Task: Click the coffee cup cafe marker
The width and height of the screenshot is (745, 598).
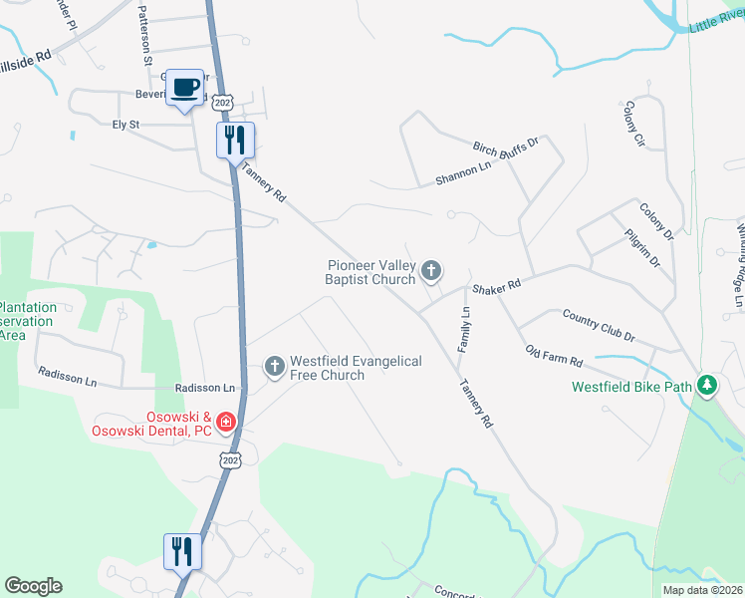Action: coord(184,88)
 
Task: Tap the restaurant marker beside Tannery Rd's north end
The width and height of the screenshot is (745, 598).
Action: coord(236,141)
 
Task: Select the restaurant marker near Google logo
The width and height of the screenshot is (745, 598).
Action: coord(182,551)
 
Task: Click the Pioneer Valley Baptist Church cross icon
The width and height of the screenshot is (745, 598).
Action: coord(431,269)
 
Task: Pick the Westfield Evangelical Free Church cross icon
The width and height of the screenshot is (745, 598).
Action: coord(275,366)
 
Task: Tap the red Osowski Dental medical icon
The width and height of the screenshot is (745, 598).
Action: coord(226,423)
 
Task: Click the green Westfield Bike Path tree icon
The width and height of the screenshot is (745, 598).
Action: coord(707,385)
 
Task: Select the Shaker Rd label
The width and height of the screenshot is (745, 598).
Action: coord(497,286)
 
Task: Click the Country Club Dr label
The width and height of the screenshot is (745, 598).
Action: coord(598,325)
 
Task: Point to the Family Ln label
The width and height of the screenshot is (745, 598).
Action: coord(464,330)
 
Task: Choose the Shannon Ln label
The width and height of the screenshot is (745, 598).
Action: coord(464,173)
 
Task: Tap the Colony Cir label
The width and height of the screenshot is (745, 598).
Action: coord(634,124)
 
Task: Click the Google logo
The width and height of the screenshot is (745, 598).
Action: coord(33,586)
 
